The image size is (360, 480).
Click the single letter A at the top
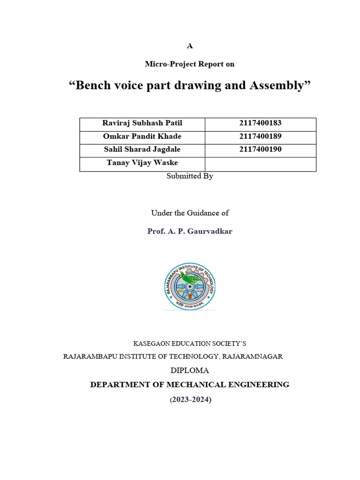(189, 46)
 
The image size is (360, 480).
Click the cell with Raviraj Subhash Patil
(142, 124)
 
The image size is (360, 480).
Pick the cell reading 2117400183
(260, 124)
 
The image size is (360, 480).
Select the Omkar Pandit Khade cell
(142, 137)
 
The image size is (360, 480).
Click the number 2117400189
(260, 137)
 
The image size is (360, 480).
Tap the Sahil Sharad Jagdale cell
(142, 150)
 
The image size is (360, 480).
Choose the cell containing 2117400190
(260, 150)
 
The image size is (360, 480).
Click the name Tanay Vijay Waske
(142, 163)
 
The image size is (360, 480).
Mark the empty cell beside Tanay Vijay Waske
(260, 164)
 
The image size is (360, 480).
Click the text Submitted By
(189, 177)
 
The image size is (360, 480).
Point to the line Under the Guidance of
(189, 213)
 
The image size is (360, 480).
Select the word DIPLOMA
(189, 371)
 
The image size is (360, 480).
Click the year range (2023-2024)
(189, 400)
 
